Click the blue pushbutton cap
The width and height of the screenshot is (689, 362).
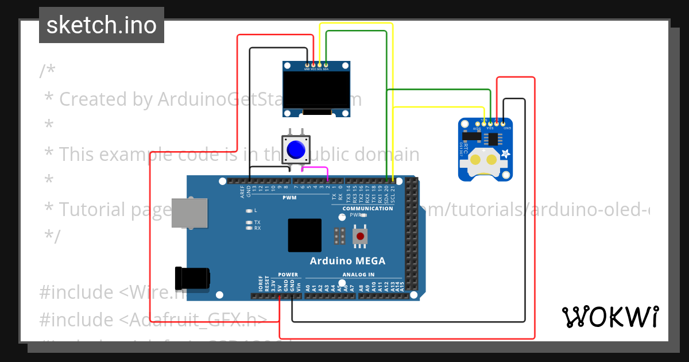click(x=296, y=150)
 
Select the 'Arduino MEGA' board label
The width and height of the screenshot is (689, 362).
click(x=347, y=261)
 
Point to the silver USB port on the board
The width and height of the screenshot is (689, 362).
click(x=189, y=212)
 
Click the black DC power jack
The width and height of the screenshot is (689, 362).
click(x=192, y=278)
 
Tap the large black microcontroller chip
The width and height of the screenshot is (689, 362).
click(x=305, y=236)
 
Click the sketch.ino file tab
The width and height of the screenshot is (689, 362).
click(x=102, y=25)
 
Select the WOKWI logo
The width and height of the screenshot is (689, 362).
click(x=610, y=317)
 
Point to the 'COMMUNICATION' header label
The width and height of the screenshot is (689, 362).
click(x=367, y=209)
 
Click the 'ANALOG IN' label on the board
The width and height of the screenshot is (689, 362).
click(x=358, y=275)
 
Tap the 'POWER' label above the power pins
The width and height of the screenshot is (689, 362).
click(x=288, y=275)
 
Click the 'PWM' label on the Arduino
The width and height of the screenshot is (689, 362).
click(x=289, y=198)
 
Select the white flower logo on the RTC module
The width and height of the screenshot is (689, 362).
click(x=506, y=153)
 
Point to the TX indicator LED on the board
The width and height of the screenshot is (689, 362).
click(x=249, y=222)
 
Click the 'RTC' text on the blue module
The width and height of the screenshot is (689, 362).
click(x=466, y=150)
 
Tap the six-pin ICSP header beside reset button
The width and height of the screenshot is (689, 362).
click(x=339, y=236)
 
